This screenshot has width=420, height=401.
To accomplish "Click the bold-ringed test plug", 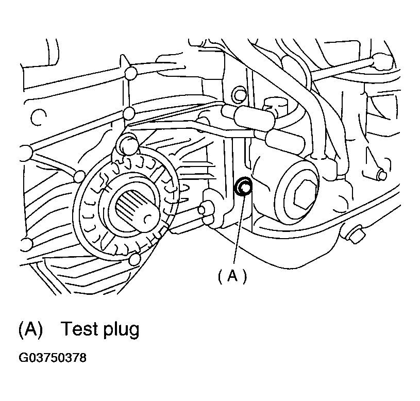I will (242, 187).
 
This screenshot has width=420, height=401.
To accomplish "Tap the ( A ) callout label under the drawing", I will (232, 277).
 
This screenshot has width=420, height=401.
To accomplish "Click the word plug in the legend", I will (120, 330).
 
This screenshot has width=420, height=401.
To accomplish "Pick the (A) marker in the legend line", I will (30, 329).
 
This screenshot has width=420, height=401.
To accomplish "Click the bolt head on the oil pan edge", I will (354, 236).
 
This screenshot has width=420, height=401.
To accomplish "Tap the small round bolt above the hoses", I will (238, 95).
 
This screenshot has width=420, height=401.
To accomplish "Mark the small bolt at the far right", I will (382, 175).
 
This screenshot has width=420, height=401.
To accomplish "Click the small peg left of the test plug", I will (206, 209).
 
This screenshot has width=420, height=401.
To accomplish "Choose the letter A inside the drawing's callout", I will (232, 277).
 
